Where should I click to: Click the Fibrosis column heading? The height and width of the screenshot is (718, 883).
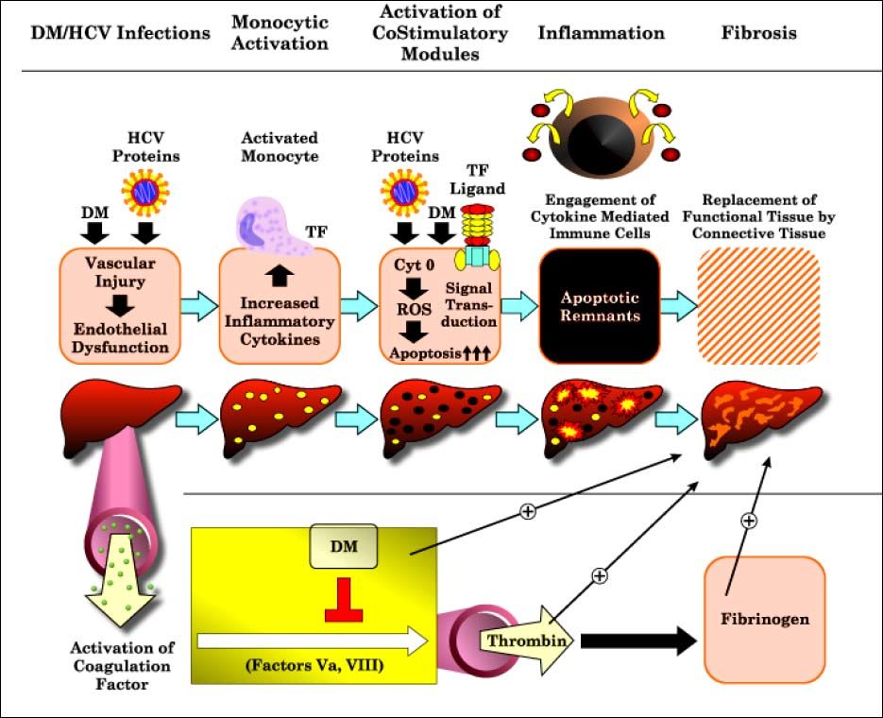pyautogui.click(x=758, y=33)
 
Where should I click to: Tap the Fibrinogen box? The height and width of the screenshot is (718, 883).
pyautogui.click(x=764, y=620)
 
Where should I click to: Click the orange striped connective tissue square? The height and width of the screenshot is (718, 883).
pyautogui.click(x=758, y=305)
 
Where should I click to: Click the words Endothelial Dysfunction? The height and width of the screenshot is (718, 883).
pyautogui.click(x=118, y=338)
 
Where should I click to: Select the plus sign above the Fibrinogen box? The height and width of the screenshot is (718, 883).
pyautogui.click(x=748, y=521)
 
